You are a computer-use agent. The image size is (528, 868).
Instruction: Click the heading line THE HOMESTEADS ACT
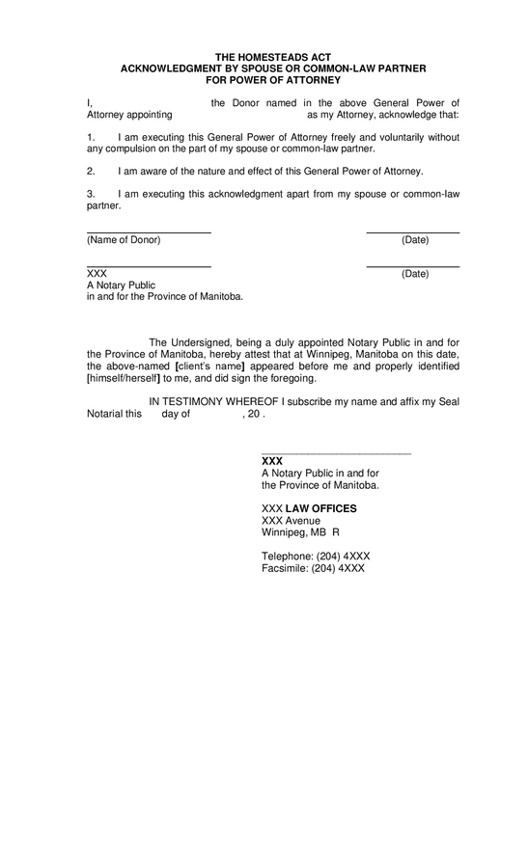tap(272, 59)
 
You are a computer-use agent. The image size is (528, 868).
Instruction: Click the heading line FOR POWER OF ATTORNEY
tap(272, 80)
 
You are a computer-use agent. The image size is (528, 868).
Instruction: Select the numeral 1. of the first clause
tap(91, 137)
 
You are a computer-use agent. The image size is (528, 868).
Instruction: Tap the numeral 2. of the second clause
tap(91, 171)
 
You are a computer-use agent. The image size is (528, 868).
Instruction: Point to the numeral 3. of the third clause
tap(91, 194)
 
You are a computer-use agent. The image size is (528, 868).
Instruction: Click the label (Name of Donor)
tap(124, 239)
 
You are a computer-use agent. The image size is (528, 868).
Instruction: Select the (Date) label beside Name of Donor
tap(415, 239)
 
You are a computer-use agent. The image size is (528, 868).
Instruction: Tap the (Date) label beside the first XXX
tap(415, 274)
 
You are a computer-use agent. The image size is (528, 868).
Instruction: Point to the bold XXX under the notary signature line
tap(272, 461)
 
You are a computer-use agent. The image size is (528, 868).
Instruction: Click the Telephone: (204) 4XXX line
tap(316, 556)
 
